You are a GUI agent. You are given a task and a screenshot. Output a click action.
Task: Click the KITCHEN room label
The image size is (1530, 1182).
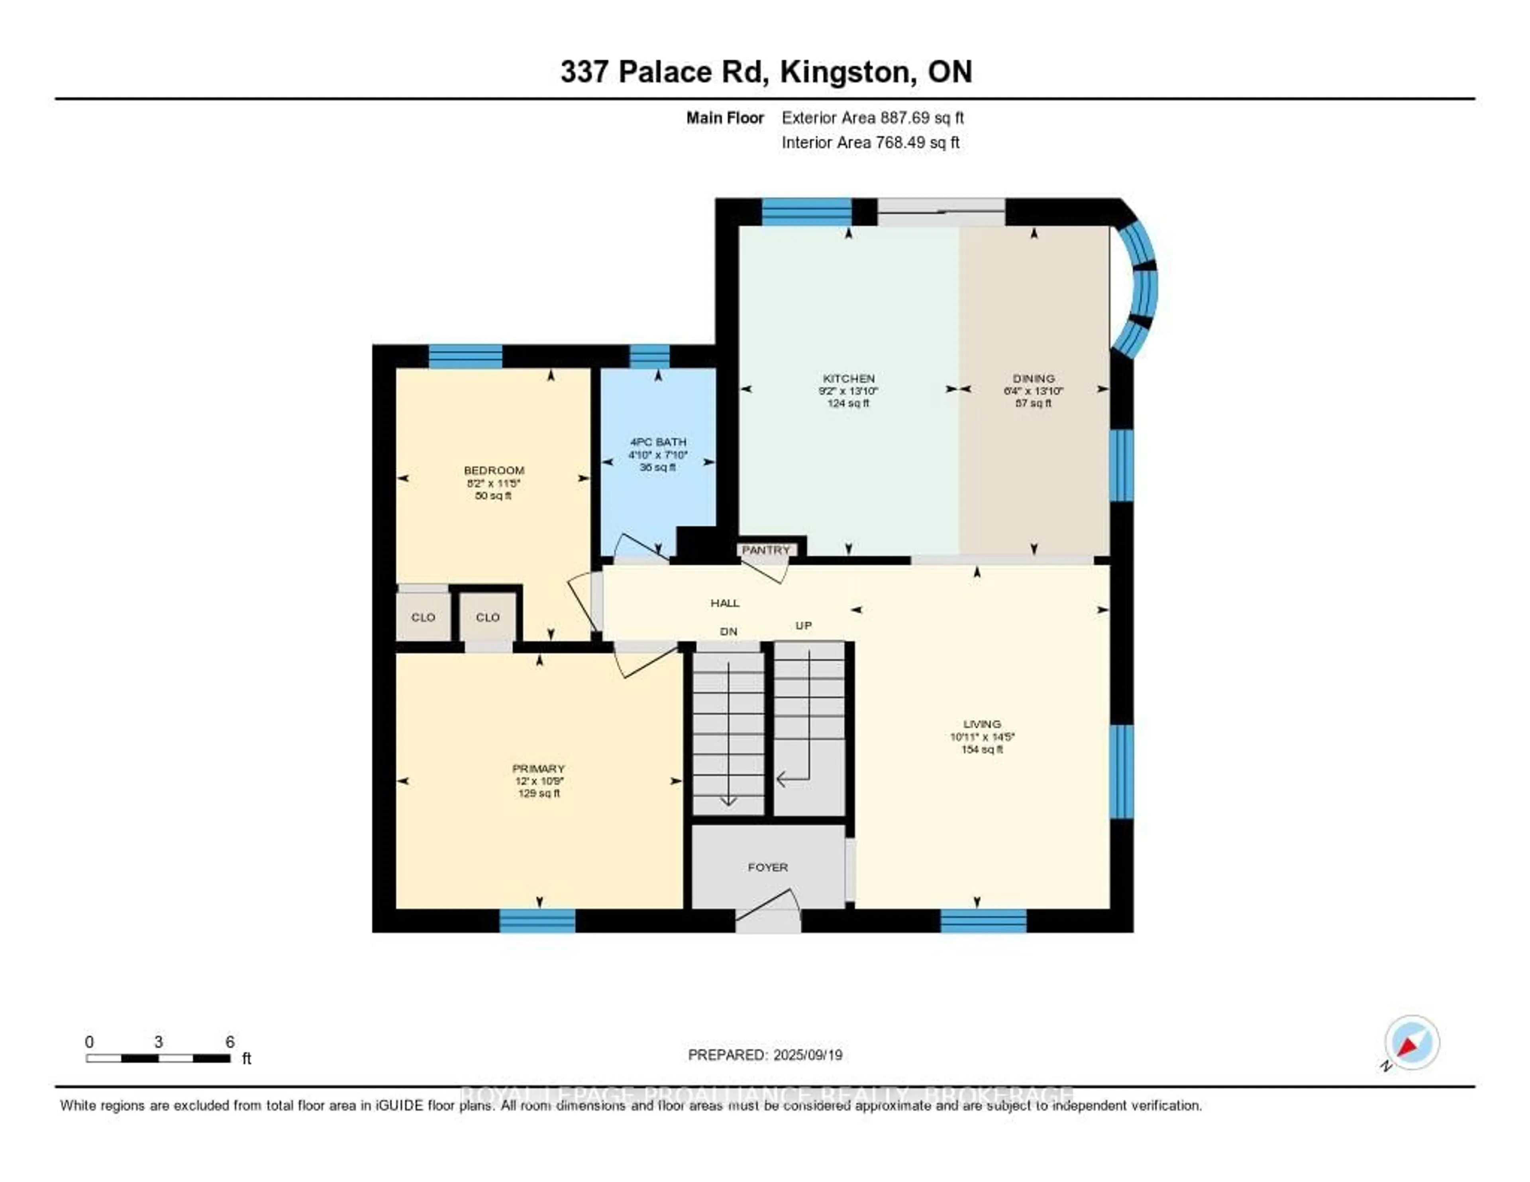(848, 378)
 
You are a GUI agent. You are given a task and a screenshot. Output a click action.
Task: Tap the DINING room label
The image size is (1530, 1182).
(1033, 378)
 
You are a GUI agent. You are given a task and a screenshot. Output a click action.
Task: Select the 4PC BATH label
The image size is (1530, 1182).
(658, 442)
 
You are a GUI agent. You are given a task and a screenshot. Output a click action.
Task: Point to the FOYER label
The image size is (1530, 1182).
(768, 868)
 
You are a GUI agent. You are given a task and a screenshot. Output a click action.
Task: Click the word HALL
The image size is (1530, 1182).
(725, 603)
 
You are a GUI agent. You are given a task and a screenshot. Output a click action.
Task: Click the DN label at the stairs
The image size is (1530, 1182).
(729, 631)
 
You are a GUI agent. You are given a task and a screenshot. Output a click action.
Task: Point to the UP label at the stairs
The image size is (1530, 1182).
(804, 625)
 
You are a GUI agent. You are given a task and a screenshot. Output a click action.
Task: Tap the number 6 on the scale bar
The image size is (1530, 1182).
(230, 1042)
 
